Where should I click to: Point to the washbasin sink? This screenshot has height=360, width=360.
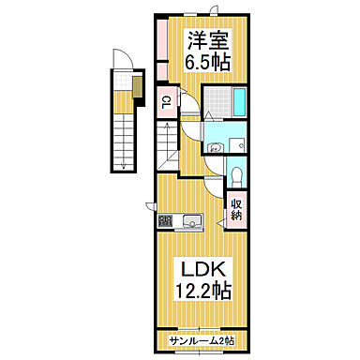click(x=215, y=146)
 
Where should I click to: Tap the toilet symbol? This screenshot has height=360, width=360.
click(x=237, y=175)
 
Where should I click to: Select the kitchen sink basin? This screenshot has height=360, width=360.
click(x=191, y=221)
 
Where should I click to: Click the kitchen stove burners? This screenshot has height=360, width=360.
click(x=166, y=222)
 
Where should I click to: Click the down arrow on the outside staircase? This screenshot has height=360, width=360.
click(x=124, y=159)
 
